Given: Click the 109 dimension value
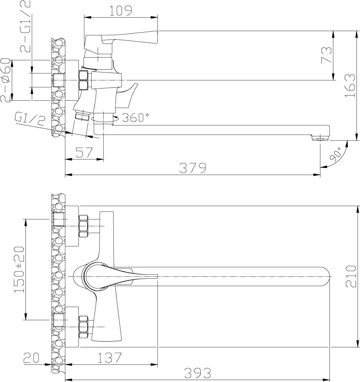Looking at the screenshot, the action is pyautogui.click(x=120, y=11).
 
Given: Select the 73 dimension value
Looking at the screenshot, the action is pyautogui.click(x=327, y=56).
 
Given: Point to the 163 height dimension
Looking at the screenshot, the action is pyautogui.click(x=350, y=86).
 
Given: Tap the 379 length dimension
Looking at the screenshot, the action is pyautogui.click(x=193, y=168).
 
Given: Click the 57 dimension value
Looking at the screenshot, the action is pyautogui.click(x=84, y=152).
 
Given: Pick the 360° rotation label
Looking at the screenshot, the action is pyautogui.click(x=135, y=118).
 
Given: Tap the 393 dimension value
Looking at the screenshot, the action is pyautogui.click(x=197, y=373).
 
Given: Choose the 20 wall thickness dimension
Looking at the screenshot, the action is pyautogui.click(x=31, y=358).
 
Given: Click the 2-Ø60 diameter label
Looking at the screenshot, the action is pyautogui.click(x=5, y=80).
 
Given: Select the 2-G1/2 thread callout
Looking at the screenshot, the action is pyautogui.click(x=25, y=26).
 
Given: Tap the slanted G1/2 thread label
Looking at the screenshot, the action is pyautogui.click(x=30, y=119).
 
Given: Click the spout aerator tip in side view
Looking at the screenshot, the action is pyautogui.click(x=320, y=139).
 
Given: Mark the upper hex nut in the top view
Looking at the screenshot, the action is pyautogui.click(x=84, y=226).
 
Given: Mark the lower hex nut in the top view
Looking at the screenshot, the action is pyautogui.click(x=84, y=327).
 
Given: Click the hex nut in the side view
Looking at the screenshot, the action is pyautogui.click(x=84, y=80).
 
